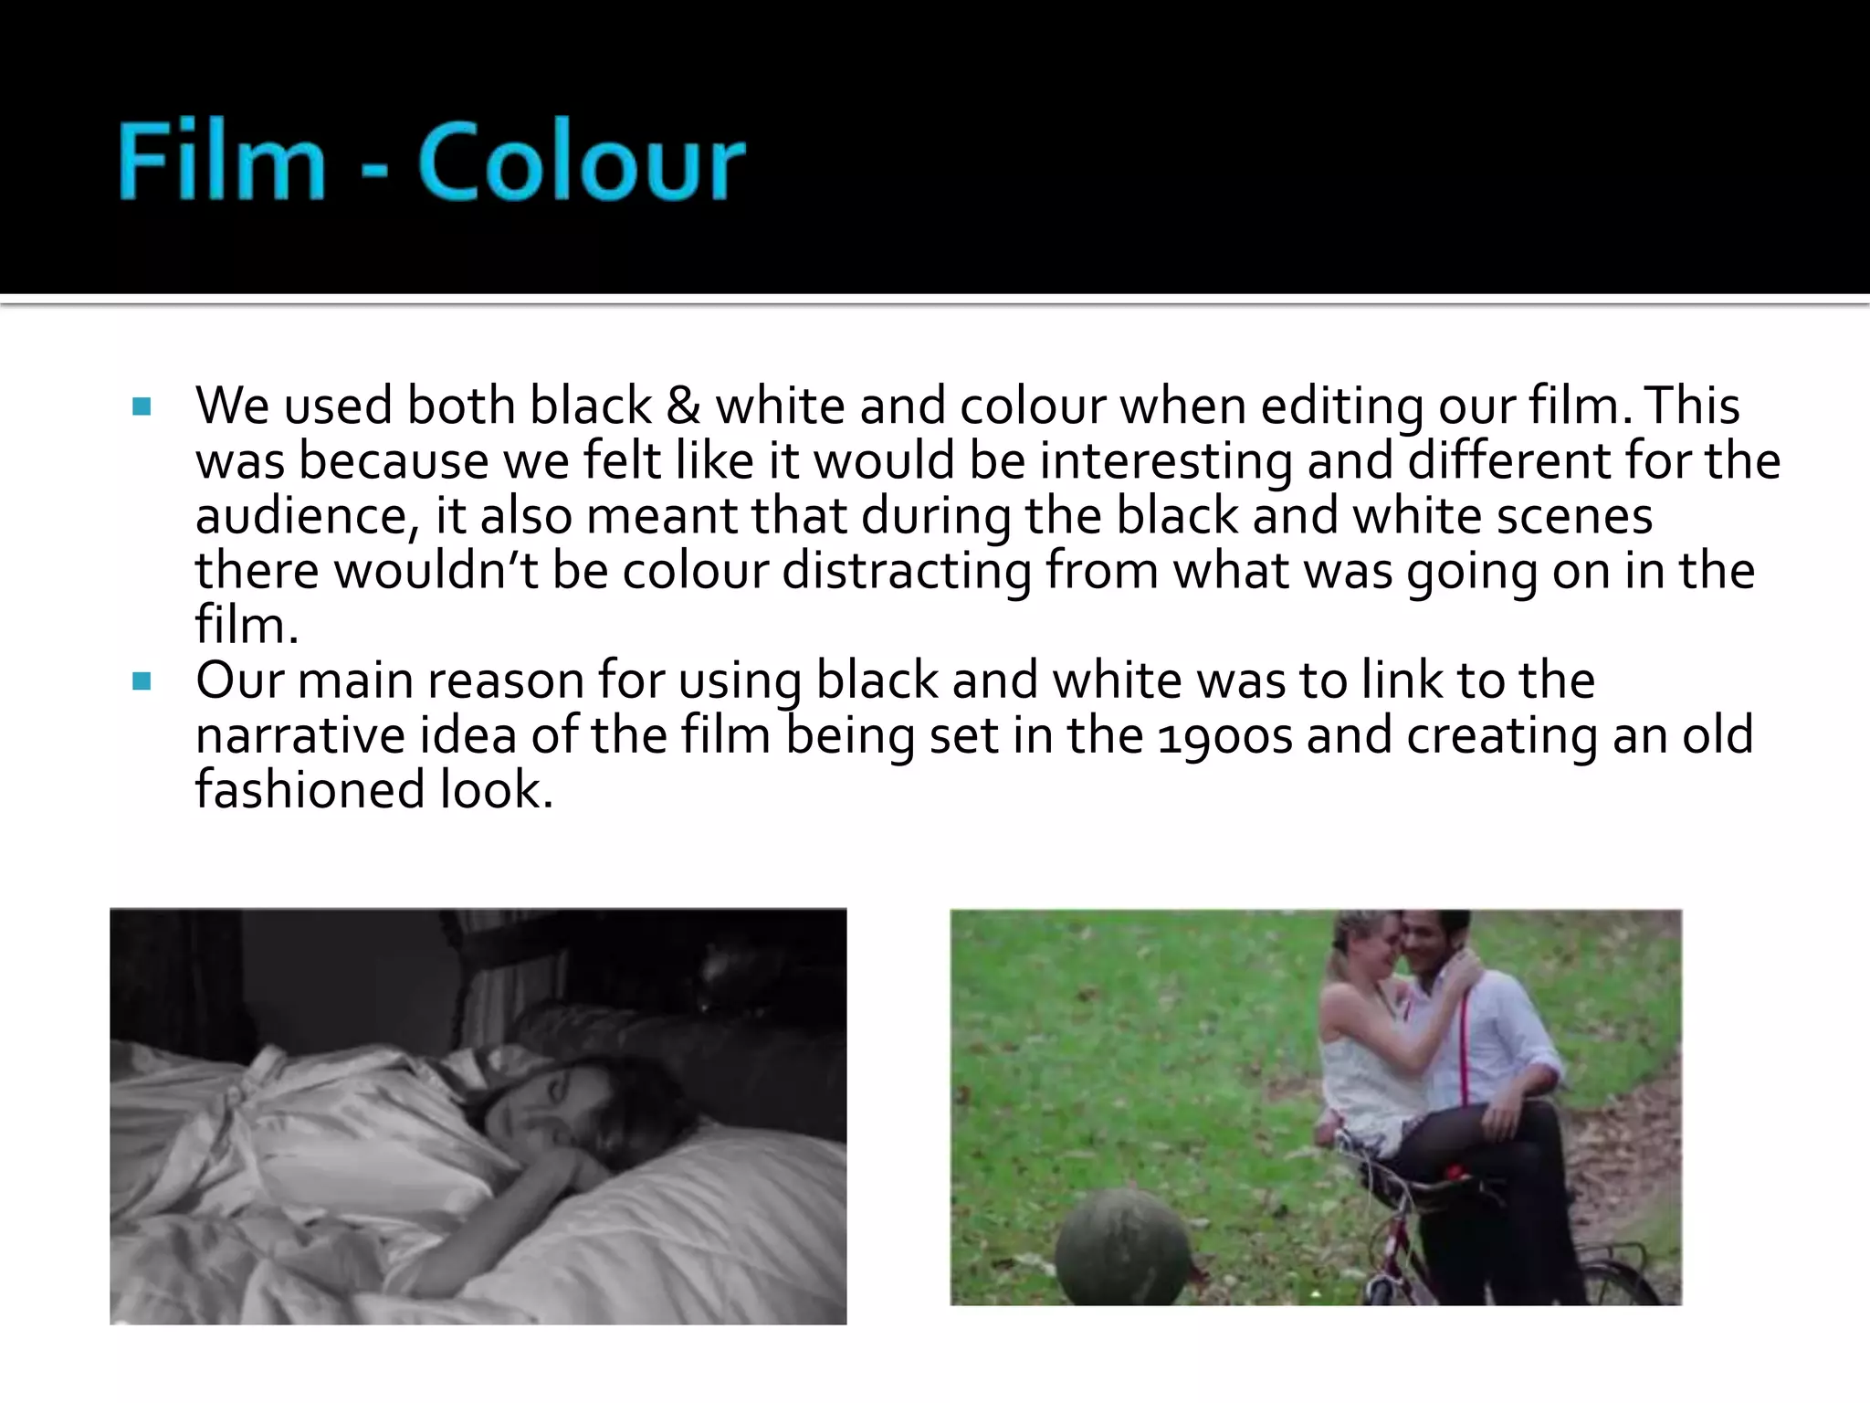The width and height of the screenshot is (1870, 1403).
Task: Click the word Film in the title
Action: click(222, 162)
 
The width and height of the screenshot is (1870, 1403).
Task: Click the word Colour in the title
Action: click(582, 162)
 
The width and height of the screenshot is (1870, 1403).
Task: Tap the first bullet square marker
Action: click(142, 406)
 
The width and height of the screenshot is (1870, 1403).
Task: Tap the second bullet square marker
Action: click(142, 681)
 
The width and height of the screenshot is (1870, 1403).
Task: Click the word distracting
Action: click(907, 572)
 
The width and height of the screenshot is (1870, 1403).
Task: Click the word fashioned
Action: click(310, 790)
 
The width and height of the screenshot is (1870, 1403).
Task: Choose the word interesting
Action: click(1166, 462)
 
